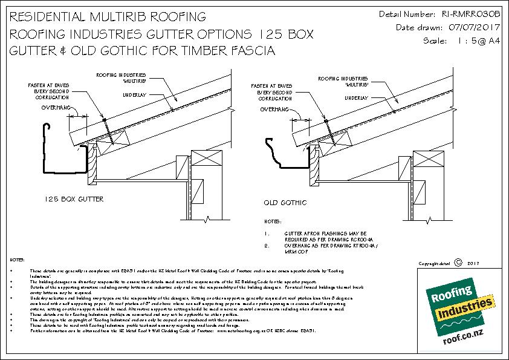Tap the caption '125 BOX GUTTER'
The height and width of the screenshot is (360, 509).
coord(74,198)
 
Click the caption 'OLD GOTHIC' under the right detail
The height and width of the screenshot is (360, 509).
coord(285,202)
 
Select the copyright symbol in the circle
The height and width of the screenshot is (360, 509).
coord(457,263)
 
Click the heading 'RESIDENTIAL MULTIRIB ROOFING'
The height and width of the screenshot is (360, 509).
coord(108,15)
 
